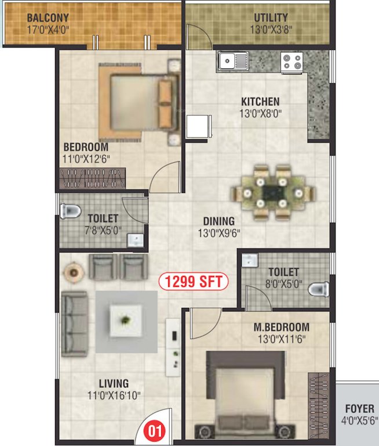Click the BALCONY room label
pos(48,17)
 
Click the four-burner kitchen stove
pos(293,61)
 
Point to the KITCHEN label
pos(260,102)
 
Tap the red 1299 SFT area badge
pos(194,282)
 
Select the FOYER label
pos(359,409)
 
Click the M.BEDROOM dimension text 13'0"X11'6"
pos(280,339)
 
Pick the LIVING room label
pos(114,384)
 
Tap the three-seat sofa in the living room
pos(74,320)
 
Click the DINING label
pos(218,221)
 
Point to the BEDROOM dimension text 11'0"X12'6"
pos(87,159)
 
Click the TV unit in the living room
pos(173,346)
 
